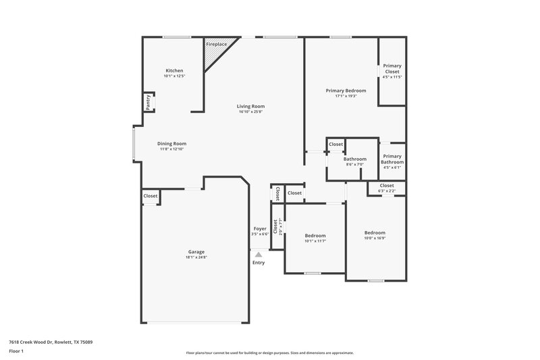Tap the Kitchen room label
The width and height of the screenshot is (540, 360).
(x=174, y=70)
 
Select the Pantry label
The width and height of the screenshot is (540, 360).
(x=147, y=102)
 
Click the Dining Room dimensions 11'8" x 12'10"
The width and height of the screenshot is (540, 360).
(x=171, y=149)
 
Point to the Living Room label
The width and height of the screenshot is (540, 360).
(x=250, y=106)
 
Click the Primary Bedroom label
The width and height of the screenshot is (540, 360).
(x=346, y=91)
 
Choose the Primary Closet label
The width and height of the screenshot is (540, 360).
(x=391, y=68)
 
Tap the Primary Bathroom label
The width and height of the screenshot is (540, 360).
(x=391, y=159)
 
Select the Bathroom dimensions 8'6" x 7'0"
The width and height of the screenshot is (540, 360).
(x=355, y=164)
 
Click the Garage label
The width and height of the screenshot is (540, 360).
(x=196, y=252)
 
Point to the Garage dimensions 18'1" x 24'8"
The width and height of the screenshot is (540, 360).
(x=196, y=257)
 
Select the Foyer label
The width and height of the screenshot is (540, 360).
(x=259, y=228)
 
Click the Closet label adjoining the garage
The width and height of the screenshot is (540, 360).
(x=150, y=196)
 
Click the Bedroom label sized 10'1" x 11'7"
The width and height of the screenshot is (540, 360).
(x=315, y=236)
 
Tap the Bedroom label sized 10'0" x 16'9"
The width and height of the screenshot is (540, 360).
(x=375, y=232)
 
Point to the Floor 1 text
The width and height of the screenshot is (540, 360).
(x=16, y=352)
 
